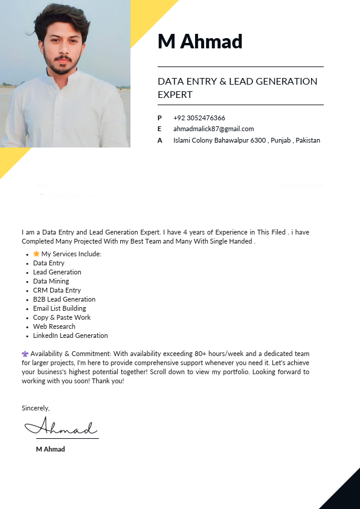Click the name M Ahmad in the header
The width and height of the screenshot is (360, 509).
[x=200, y=42]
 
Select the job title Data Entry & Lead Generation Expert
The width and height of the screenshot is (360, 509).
[x=237, y=88]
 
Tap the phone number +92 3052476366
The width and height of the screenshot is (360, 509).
[x=199, y=118]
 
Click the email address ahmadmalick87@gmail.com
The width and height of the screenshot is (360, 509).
[x=213, y=129]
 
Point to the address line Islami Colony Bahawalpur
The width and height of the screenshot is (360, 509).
[x=246, y=140]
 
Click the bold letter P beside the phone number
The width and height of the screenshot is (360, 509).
[x=159, y=118]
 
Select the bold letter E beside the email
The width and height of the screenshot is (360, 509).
[x=159, y=129]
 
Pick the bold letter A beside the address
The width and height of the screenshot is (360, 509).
[x=159, y=140]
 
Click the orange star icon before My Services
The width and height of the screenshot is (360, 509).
[x=36, y=254]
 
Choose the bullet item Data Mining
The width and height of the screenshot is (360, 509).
[x=51, y=281]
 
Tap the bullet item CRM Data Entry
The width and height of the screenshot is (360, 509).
[x=57, y=290]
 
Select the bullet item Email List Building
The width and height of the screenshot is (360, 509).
[x=59, y=308]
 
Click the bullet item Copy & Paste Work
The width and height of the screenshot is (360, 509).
[x=62, y=317]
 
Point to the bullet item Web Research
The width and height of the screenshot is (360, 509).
[x=54, y=326]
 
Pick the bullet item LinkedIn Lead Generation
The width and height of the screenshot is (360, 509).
[x=70, y=336]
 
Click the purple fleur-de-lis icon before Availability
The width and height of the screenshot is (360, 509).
[x=25, y=354]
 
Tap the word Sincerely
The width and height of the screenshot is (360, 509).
[x=36, y=408]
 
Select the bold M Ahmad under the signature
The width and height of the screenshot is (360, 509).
[x=50, y=449]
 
